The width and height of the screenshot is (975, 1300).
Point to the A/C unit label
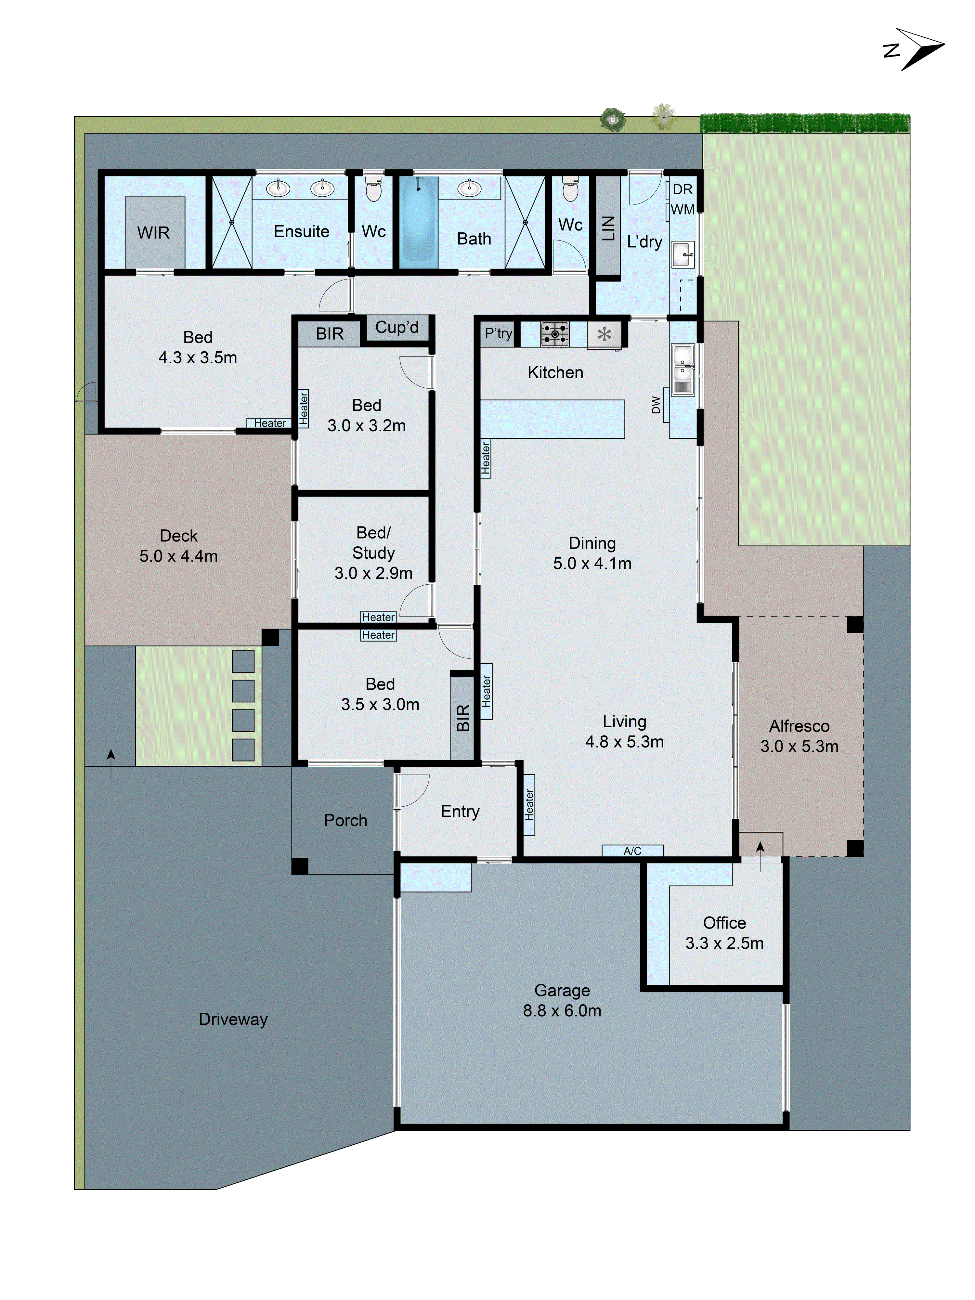coord(632,851)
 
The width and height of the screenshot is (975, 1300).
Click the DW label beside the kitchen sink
coord(656,404)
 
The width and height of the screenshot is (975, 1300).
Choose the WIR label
coord(153,233)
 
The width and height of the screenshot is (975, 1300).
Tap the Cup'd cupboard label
coord(397,327)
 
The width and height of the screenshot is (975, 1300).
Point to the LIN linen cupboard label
coord(609,228)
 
